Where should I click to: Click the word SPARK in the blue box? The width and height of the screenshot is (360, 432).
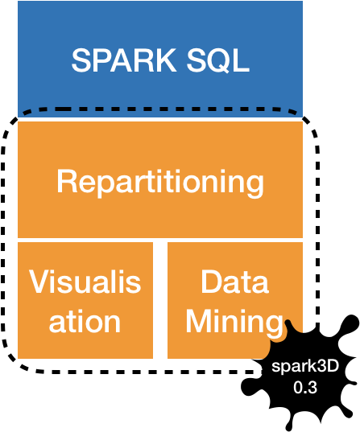(123, 60)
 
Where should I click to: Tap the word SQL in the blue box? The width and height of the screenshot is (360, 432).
(218, 60)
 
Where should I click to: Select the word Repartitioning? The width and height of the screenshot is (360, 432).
(160, 183)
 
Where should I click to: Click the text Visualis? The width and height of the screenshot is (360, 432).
(85, 282)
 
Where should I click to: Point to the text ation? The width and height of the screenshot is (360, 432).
(85, 322)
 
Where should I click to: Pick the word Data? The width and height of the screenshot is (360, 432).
(234, 282)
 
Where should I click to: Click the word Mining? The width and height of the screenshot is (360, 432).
(234, 323)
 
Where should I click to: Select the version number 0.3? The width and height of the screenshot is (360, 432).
(305, 388)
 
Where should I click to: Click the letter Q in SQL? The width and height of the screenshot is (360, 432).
(218, 61)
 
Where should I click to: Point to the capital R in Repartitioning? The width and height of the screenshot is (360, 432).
(66, 181)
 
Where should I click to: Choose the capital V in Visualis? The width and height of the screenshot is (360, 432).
(40, 282)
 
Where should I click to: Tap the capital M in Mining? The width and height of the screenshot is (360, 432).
(199, 321)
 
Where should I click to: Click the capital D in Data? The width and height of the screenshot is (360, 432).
(211, 282)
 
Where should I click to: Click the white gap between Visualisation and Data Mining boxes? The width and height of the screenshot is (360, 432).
(160, 300)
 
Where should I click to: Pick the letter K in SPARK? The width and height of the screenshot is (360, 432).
(166, 60)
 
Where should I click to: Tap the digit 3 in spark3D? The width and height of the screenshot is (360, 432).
(321, 366)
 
